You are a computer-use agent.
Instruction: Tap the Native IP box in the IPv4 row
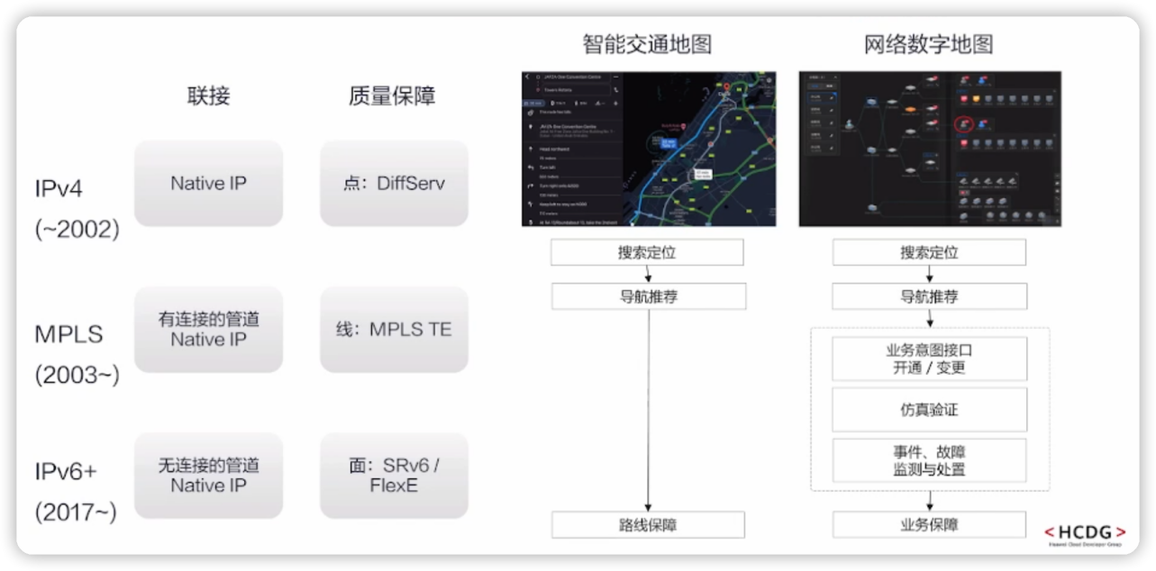point(208,184)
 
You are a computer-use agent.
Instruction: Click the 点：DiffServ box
point(394,184)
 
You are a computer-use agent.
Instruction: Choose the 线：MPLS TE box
point(394,330)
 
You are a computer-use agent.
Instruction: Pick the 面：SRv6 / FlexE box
point(394,476)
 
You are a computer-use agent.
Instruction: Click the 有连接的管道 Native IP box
point(208,330)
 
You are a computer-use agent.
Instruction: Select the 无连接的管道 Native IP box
point(208,476)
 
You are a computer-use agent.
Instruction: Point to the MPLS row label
point(69,335)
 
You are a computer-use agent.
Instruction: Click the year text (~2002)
point(77,230)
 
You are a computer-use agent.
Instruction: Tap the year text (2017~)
point(77,512)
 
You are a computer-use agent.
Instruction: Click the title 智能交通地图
point(647,44)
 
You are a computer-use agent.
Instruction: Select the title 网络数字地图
point(929,44)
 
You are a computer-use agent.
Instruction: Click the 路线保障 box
point(648,525)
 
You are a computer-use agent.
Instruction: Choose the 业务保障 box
point(929,525)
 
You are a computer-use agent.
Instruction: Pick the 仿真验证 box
point(929,410)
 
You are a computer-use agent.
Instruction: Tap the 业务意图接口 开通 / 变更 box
point(929,358)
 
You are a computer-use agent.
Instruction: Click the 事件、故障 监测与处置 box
point(929,460)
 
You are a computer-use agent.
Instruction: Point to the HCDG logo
point(1084,533)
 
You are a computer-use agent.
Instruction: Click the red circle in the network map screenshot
point(964,122)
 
